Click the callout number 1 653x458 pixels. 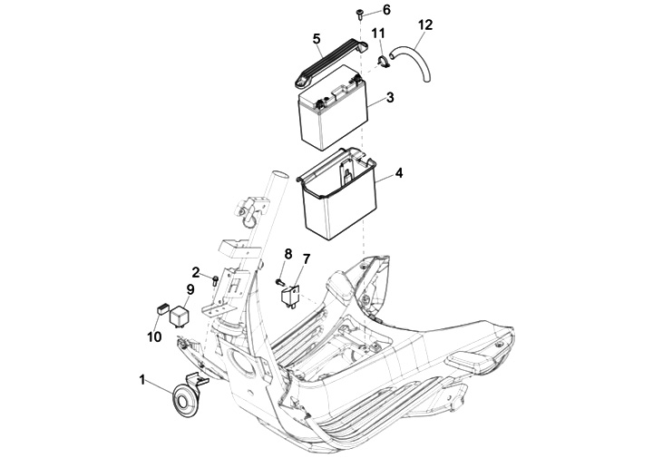[x=142, y=380]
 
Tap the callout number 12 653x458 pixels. [x=425, y=25]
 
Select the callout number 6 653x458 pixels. [x=387, y=9]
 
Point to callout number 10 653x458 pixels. [x=154, y=336]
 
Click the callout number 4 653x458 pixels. [x=399, y=172]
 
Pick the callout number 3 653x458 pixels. [x=390, y=97]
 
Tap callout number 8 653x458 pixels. [x=288, y=253]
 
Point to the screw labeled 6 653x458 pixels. [x=358, y=15]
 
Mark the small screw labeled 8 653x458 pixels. [x=279, y=282]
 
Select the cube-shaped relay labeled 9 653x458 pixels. [x=179, y=316]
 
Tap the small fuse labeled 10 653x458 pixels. [x=161, y=309]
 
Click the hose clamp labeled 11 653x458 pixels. [x=383, y=62]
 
